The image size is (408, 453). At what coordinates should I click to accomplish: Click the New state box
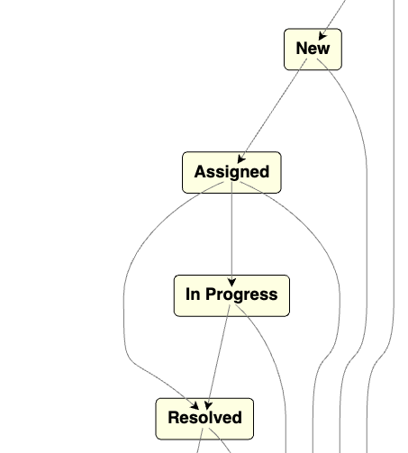[x=313, y=50]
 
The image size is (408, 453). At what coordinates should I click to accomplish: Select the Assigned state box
[x=231, y=172]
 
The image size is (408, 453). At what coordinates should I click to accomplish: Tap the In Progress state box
[x=231, y=295]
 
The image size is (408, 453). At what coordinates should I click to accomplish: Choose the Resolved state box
[x=204, y=419]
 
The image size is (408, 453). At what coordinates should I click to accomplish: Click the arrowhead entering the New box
[x=322, y=36]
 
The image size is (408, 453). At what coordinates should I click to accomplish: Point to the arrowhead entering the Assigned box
[x=240, y=159]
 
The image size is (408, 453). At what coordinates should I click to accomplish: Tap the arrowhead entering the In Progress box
[x=231, y=282]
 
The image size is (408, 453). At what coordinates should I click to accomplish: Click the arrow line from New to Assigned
[x=272, y=111]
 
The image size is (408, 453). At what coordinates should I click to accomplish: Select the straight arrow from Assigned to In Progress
[x=231, y=234]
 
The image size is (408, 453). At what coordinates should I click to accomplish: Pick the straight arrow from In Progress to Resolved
[x=219, y=358]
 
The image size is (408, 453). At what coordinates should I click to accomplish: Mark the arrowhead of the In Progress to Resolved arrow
[x=208, y=405]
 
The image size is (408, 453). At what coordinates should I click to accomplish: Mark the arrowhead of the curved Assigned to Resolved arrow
[x=195, y=406]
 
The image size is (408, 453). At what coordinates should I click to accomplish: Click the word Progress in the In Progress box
[x=241, y=294]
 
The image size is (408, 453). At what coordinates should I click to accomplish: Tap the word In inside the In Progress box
[x=193, y=294]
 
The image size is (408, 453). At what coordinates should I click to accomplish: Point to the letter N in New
[x=302, y=49]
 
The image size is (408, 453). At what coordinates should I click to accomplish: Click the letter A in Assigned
[x=200, y=172]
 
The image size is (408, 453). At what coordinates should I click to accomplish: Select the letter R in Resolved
[x=174, y=418]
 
